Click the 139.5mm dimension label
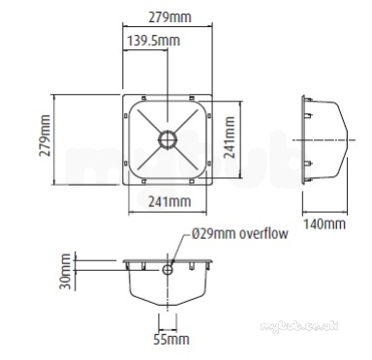(153, 41)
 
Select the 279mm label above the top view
(170, 17)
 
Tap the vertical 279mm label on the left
(45, 135)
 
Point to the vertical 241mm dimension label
(230, 137)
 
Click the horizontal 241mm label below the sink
(170, 201)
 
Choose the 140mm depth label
(325, 224)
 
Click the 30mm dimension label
(65, 272)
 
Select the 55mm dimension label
(171, 340)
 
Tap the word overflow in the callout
(263, 233)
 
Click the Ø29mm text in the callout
(213, 233)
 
